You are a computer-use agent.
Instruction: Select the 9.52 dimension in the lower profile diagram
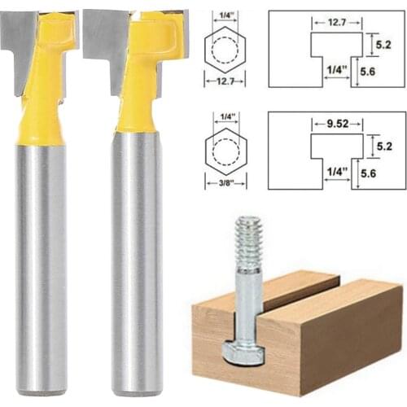(x=335, y=126)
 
